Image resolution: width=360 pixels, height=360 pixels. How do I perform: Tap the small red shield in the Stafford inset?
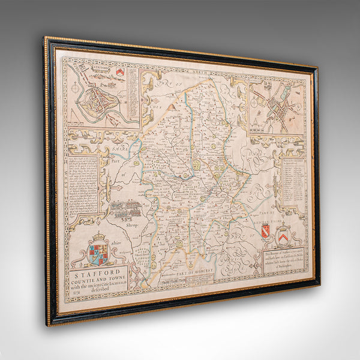tap(119, 73)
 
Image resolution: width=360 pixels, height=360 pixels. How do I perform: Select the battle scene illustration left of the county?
tap(125, 208)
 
